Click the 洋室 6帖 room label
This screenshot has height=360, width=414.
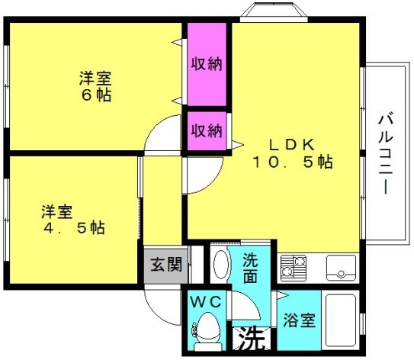click(95, 86)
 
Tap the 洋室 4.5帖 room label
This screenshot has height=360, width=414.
click(74, 220)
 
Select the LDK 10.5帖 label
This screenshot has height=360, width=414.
click(293, 153)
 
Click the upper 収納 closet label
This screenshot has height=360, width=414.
click(207, 63)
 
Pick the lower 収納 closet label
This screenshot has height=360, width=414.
click(207, 130)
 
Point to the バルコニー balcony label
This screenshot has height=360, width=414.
click(386, 153)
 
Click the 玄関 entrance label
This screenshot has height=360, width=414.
click(166, 265)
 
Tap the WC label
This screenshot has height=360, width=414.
click(206, 302)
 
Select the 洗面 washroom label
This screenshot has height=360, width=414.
click(250, 268)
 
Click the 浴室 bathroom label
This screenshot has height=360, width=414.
click(299, 320)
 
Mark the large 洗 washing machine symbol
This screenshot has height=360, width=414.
click(252, 339)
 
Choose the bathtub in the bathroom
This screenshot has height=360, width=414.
click(341, 320)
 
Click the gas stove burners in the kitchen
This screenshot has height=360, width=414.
click(294, 268)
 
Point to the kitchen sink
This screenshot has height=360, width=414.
click(341, 268)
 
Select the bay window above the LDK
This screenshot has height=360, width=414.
click(274, 12)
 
